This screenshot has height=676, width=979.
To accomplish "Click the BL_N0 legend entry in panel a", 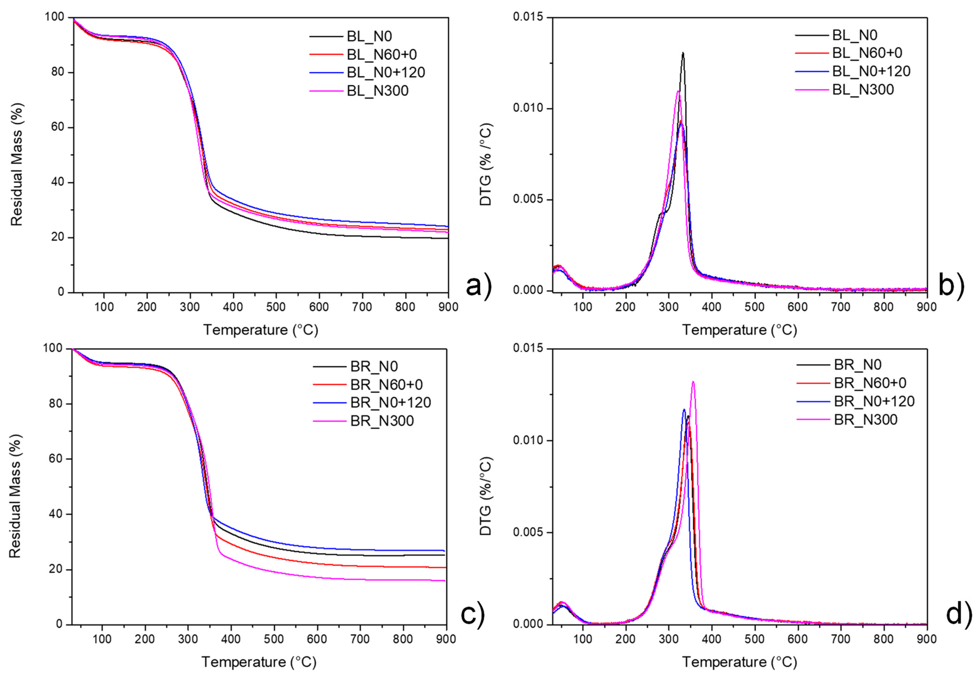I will click(369, 37).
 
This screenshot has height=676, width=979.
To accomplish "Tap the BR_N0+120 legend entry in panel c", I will click(390, 402).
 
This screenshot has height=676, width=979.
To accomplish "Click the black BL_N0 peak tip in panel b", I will click(683, 53).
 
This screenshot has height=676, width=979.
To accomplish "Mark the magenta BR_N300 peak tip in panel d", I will click(693, 382).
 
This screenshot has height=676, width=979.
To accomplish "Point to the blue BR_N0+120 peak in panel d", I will click(684, 409).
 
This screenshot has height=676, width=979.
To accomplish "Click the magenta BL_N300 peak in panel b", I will click(678, 91).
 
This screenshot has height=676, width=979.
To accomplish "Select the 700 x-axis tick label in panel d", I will click(841, 639).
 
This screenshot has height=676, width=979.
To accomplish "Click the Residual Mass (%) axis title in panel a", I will click(17, 165).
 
